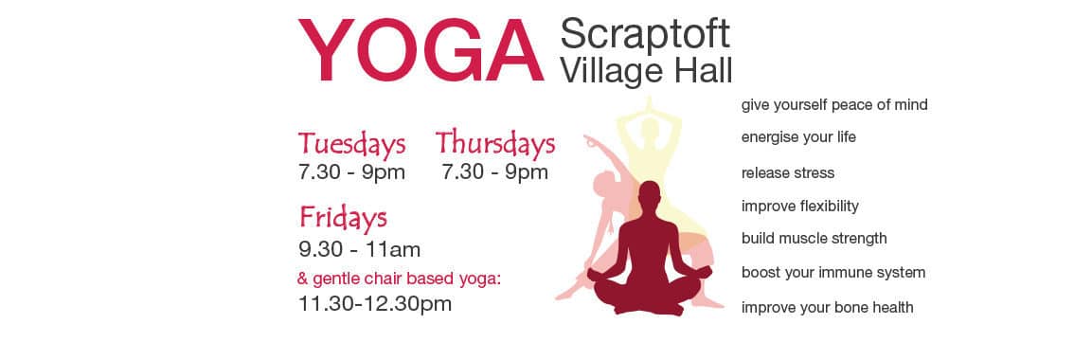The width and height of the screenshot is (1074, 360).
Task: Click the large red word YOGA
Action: [421, 51]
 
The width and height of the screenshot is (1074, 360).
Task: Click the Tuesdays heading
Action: [351, 144]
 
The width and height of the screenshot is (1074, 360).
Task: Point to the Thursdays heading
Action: [494, 143]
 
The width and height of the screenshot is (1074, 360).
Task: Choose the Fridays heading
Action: [343, 218]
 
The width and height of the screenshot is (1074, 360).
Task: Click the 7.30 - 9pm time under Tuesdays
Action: [351, 172]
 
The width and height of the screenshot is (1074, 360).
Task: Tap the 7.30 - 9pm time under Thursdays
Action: [494, 172]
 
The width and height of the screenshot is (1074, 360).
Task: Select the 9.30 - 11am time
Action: [360, 249]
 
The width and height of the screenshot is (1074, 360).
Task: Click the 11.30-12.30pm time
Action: [375, 303]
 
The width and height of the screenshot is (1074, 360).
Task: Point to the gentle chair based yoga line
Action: [400, 279]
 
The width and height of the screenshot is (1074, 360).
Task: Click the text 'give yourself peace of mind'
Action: [834, 105]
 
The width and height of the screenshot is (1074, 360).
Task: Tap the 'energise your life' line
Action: [798, 137]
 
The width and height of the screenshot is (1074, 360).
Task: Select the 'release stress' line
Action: [788, 172]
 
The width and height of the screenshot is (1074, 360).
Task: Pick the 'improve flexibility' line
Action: [800, 207]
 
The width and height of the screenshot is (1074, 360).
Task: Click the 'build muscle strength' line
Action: [814, 239]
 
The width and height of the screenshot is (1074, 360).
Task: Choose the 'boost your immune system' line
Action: [832, 273]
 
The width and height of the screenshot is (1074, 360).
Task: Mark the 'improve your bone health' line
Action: [828, 308]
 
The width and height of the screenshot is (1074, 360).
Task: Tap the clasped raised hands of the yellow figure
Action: [648, 104]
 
